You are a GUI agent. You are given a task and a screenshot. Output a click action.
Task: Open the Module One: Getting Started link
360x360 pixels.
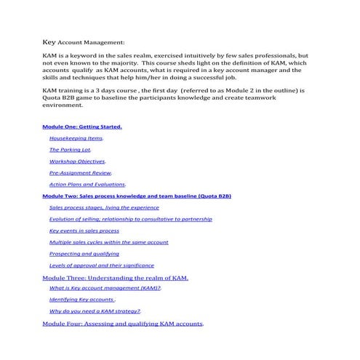pos(82,126)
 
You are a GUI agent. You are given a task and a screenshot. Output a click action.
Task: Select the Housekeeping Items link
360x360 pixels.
pos(76,137)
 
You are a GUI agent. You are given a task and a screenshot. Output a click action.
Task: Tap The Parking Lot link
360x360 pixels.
pos(70,149)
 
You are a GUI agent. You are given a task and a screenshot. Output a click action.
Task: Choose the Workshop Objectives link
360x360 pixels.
pos(77,161)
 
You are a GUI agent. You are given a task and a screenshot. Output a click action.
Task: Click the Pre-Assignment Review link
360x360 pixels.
pos(80,172)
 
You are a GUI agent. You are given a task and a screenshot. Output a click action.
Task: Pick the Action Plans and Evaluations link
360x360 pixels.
pos(87,184)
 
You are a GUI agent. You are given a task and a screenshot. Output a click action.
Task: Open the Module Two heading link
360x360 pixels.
pos(137,196)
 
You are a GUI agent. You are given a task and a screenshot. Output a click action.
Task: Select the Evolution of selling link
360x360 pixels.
pos(130,219)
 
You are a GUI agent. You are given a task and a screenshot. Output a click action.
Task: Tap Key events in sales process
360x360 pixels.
pos(84,231)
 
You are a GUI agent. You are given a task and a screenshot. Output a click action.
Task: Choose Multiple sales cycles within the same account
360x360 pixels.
pos(108,242)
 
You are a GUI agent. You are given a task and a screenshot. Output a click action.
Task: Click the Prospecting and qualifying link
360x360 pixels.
pos(84,254)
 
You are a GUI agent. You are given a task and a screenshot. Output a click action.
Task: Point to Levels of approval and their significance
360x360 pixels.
pos(101,265)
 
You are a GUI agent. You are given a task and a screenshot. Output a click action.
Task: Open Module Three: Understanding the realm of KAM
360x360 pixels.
pos(116,277)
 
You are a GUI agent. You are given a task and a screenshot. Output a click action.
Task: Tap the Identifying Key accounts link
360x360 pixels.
pos(82,300)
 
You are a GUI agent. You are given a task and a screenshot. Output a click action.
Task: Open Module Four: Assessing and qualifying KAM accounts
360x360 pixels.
pos(123,323)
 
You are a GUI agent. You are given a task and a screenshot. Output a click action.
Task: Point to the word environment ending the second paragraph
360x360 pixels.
pos(62,104)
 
